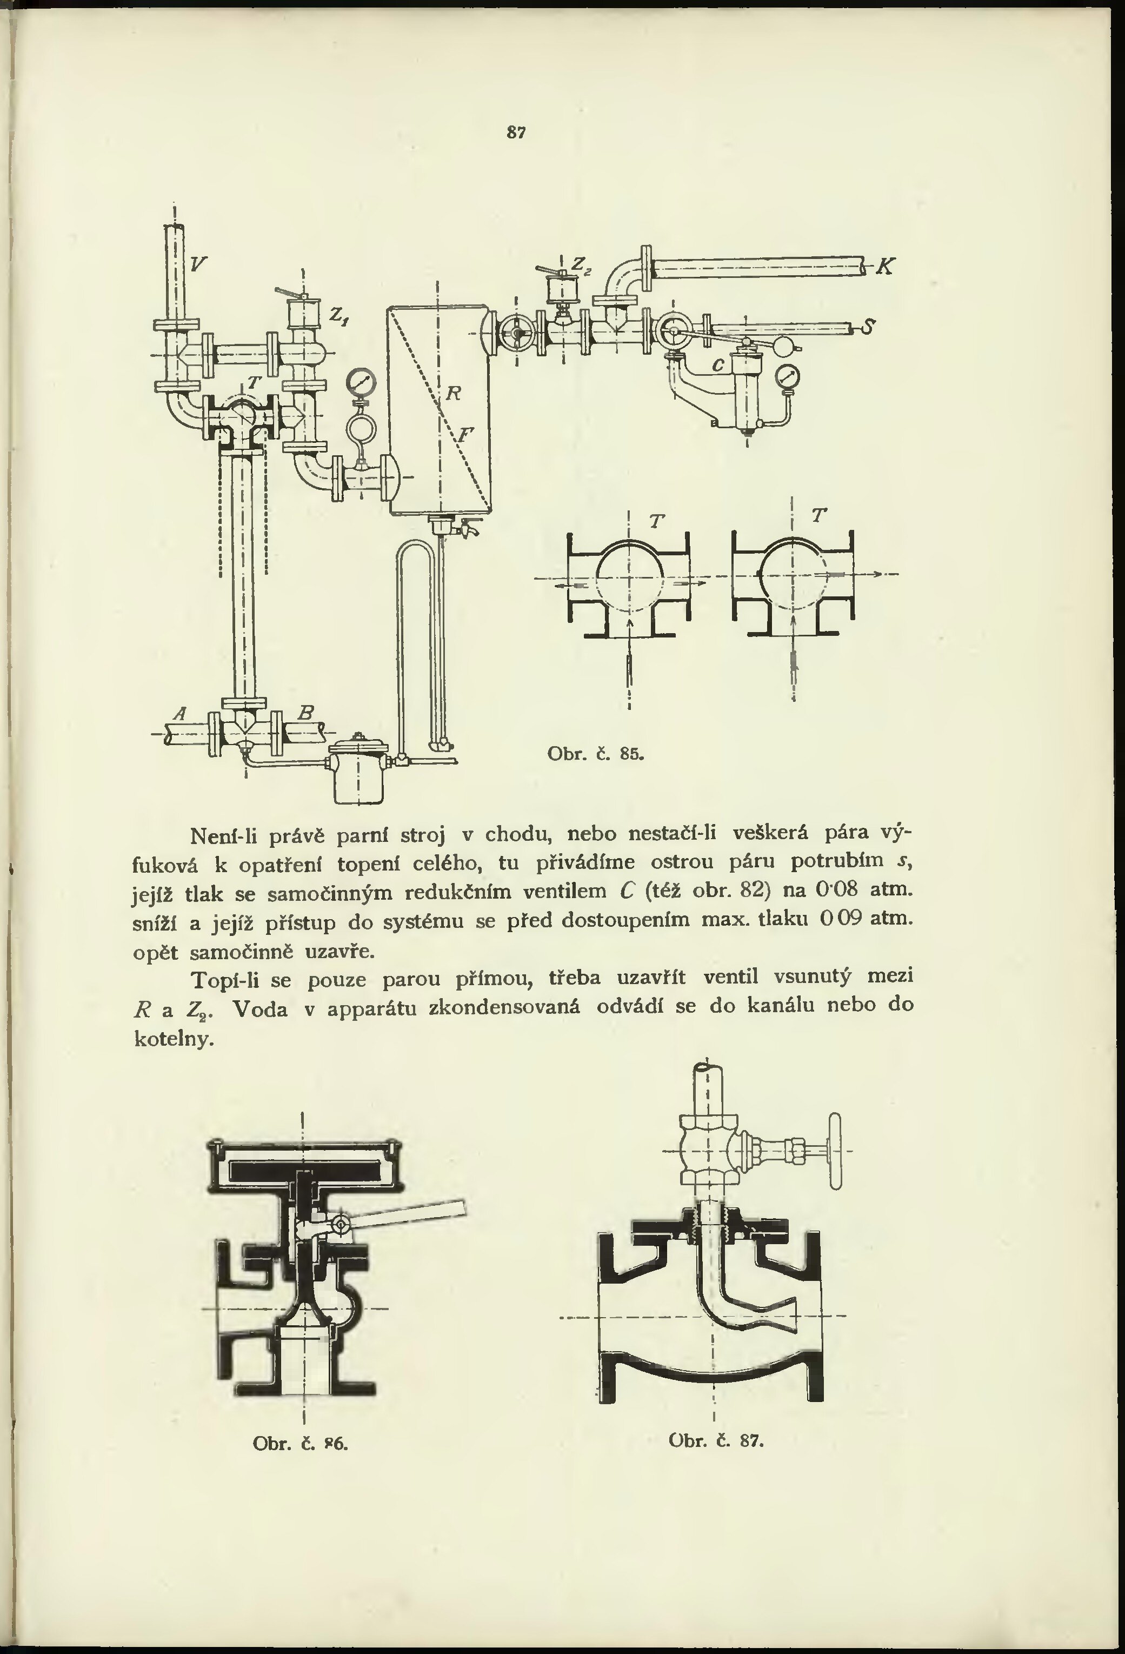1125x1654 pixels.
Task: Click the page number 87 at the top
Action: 516,132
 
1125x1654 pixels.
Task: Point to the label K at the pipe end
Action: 884,267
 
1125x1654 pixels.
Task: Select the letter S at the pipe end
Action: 868,327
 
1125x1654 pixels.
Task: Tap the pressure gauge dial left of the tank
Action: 361,382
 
